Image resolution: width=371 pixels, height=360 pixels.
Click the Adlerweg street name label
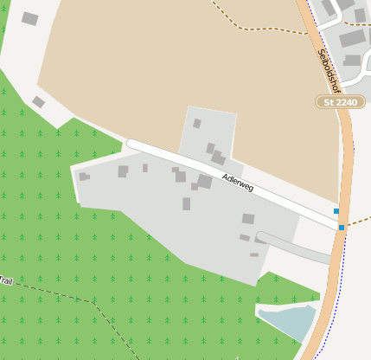(237, 182)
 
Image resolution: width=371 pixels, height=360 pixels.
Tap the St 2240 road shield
(339, 102)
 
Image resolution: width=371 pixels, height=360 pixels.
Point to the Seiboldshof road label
(329, 71)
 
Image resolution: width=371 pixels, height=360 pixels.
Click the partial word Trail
(7, 280)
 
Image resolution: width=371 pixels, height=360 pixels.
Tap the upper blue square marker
(336, 211)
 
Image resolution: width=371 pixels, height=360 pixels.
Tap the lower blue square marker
(342, 228)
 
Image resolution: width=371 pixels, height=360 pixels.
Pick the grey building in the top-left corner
(30, 18)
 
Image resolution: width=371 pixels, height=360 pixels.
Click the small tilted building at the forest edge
(38, 102)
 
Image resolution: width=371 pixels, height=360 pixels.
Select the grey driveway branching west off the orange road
(294, 246)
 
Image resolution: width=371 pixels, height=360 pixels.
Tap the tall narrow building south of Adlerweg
(186, 204)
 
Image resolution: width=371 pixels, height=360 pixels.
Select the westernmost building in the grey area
(83, 177)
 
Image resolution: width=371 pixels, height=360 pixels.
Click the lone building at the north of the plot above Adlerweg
(197, 124)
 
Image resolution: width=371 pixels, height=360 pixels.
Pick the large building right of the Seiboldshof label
(352, 38)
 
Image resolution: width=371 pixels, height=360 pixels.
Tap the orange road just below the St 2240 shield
(346, 130)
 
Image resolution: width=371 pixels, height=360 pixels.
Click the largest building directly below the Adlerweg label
(204, 181)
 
